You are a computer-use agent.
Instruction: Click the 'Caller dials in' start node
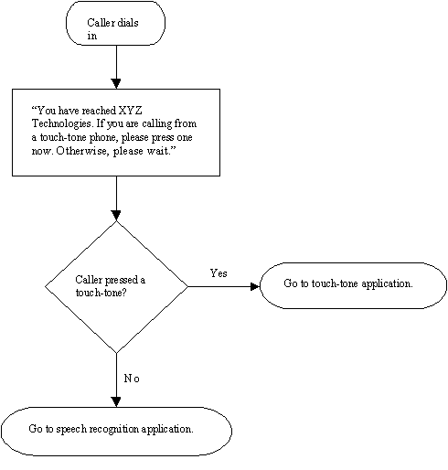tap(116, 23)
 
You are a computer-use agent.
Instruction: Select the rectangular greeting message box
tap(116, 132)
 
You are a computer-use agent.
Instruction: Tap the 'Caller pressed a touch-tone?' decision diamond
tap(116, 286)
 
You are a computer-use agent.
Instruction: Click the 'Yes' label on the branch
tap(219, 272)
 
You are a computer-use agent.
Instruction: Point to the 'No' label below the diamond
tap(132, 378)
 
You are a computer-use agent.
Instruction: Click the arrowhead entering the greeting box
tap(116, 82)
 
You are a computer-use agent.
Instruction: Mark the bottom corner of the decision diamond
tap(116, 352)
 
